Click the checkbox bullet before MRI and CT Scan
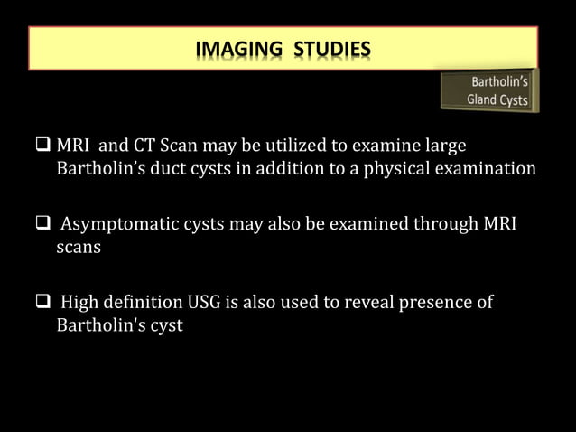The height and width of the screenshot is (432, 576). point(43,146)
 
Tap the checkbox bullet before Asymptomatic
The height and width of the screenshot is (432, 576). point(43,224)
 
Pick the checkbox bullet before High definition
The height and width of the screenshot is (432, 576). point(43,302)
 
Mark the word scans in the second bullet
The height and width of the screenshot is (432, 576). point(77,247)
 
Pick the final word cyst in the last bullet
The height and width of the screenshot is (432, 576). point(164,325)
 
